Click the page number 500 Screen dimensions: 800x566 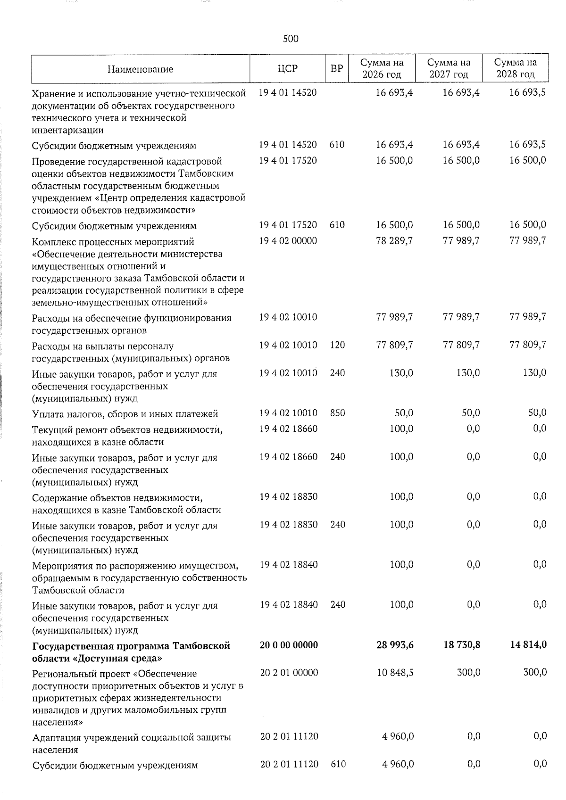tap(291, 39)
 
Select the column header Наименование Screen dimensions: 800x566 tap(140, 69)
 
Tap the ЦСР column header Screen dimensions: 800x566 tap(288, 69)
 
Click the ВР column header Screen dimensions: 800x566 tap(336, 69)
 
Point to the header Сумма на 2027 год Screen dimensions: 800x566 tap(449, 68)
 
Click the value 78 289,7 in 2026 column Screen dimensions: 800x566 tap(394, 240)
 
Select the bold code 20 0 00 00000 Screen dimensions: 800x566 tap(289, 644)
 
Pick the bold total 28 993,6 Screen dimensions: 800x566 tap(395, 644)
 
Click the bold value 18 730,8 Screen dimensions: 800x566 tap(462, 644)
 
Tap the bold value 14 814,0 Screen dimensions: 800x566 tap(528, 644)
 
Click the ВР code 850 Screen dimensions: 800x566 tap(337, 413)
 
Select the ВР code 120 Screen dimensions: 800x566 tap(337, 345)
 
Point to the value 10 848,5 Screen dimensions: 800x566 tap(395, 673)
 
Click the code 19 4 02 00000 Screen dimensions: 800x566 tap(288, 240)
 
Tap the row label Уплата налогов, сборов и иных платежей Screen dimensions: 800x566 tap(125, 414)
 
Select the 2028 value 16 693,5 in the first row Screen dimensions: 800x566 tap(528, 92)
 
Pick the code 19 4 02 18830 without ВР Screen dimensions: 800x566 tap(288, 496)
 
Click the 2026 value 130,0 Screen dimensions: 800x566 tap(401, 373)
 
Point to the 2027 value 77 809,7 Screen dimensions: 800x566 tap(461, 345)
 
